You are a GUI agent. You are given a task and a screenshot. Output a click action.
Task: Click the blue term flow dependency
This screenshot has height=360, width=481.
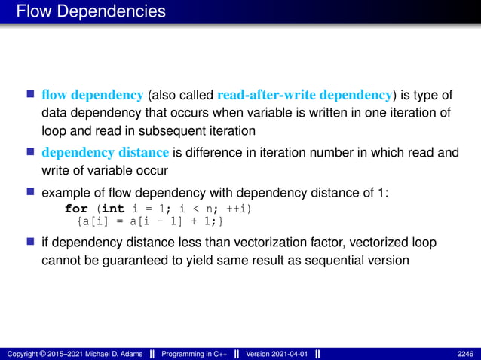click(x=93, y=95)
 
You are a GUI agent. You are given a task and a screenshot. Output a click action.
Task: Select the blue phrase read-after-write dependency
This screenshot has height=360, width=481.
click(x=305, y=95)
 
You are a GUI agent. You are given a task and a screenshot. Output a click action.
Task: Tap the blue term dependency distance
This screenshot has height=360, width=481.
click(x=106, y=153)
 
